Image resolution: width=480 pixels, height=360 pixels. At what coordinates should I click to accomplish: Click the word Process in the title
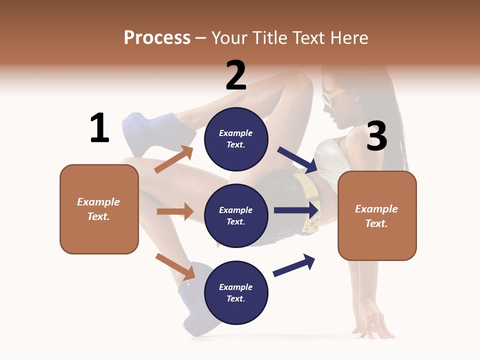pos(157,37)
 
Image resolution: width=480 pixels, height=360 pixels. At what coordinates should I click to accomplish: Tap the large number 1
pos(99,127)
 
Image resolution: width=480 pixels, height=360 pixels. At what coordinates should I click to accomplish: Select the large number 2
pos(236,75)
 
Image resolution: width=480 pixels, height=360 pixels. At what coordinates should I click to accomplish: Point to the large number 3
pos(376,136)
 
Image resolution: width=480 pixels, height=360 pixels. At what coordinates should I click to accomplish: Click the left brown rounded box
pos(99,209)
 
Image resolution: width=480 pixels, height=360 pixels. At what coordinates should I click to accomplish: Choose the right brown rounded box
pos(377,215)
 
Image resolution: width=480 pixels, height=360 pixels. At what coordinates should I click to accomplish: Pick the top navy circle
pos(236,138)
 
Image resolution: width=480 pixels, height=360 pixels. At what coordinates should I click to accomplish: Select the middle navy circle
pos(236,215)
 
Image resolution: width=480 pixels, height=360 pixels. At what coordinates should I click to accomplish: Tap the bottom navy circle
pos(236,292)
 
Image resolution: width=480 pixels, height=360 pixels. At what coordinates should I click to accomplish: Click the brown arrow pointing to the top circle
pos(174,159)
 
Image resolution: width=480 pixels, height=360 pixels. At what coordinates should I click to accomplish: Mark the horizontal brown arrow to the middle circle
pos(175,211)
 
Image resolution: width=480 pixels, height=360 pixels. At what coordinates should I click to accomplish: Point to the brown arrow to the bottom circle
pos(175,266)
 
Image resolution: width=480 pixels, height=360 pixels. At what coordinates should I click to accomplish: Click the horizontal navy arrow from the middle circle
pos(296,210)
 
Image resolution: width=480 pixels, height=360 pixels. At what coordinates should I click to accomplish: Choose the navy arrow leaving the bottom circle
pos(294,265)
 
